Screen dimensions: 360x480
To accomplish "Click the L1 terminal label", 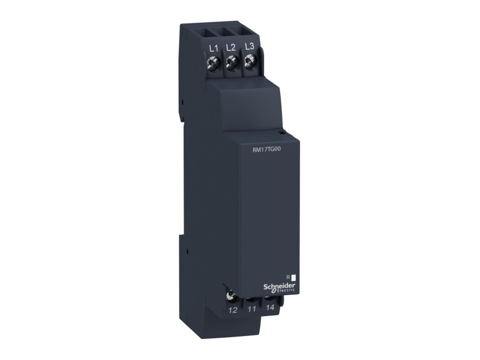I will [x=212, y=47].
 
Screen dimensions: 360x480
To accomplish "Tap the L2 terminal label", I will [x=230, y=47].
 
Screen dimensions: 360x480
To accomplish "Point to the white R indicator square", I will [x=294, y=278].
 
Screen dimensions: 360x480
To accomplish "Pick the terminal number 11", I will [x=252, y=310].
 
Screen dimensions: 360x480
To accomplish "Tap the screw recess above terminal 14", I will [x=271, y=296].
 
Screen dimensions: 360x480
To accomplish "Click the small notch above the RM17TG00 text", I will [x=280, y=130].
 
